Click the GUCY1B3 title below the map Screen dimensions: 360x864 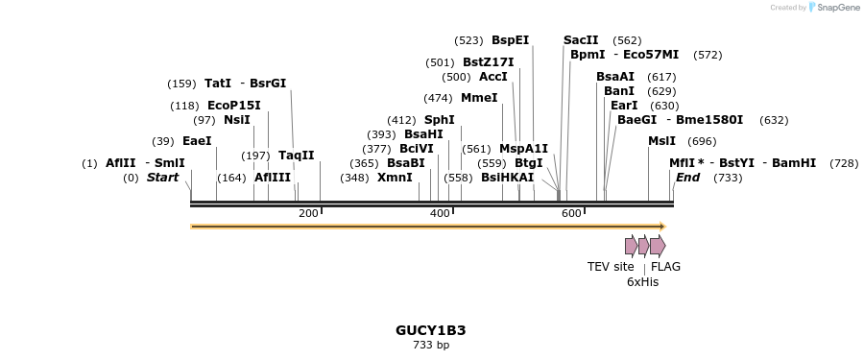click(x=430, y=330)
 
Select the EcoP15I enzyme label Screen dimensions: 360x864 click(x=233, y=106)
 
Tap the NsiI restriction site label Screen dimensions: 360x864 click(x=236, y=120)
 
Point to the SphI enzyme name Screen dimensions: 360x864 click(x=440, y=120)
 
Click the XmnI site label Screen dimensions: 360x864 click(x=395, y=178)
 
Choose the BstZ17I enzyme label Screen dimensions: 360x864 click(x=488, y=62)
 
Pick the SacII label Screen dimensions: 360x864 click(x=581, y=40)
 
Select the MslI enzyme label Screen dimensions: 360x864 click(x=661, y=141)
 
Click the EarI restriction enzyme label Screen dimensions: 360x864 click(x=624, y=106)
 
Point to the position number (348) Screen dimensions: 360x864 click(x=354, y=178)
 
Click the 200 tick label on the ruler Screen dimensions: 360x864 click(x=308, y=213)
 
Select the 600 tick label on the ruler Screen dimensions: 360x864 click(x=571, y=213)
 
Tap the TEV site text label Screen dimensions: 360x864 click(x=611, y=267)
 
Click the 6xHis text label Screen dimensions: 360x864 click(x=642, y=282)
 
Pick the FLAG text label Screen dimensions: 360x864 click(x=665, y=267)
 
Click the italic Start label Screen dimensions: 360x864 click(x=162, y=178)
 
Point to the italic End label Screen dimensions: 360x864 click(x=687, y=178)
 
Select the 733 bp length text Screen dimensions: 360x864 click(x=430, y=345)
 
